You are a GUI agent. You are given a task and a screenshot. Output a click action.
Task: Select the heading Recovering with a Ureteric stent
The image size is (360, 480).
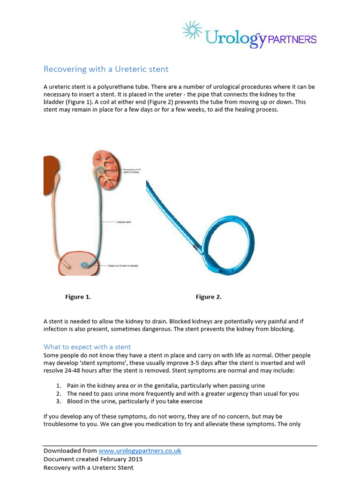click(106, 69)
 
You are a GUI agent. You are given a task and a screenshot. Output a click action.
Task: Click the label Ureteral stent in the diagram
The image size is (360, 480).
click(124, 222)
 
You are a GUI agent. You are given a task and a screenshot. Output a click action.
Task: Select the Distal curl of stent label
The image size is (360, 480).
click(125, 266)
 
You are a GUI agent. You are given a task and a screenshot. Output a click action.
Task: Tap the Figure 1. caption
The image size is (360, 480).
click(78, 297)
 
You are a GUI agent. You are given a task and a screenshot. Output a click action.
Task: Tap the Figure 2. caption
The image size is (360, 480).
click(209, 297)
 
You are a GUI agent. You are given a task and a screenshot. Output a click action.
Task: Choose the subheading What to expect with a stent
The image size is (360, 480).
click(87, 347)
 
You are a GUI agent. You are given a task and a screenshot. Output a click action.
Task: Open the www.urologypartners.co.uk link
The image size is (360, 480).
click(140, 451)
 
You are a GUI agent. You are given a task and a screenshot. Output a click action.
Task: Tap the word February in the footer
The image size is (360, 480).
click(110, 459)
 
